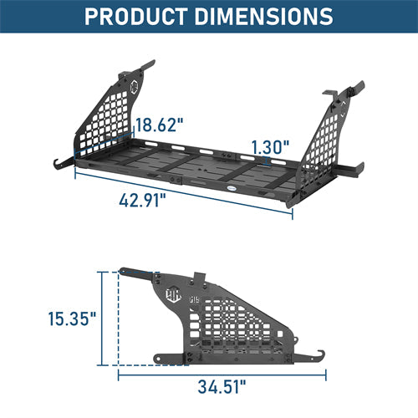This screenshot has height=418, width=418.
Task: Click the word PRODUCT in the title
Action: click(x=137, y=16)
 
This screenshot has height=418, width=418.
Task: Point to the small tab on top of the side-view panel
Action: click(x=200, y=278)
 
